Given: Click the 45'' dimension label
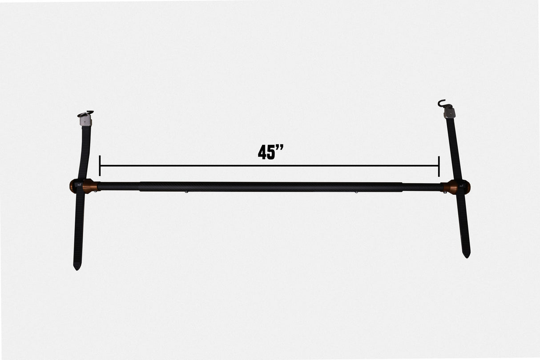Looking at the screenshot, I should pyautogui.click(x=271, y=152).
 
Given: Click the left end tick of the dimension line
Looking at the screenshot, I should pyautogui.click(x=100, y=166).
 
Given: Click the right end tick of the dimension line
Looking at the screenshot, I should pyautogui.click(x=439, y=166).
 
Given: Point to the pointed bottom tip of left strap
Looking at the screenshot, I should pyautogui.click(x=77, y=267).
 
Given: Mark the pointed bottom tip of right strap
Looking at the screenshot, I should pyautogui.click(x=466, y=255).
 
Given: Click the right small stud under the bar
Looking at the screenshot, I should pyautogui.click(x=356, y=192).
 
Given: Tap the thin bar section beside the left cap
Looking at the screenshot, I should pyautogui.click(x=118, y=186).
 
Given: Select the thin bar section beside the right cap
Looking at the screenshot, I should pyautogui.click(x=423, y=187).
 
